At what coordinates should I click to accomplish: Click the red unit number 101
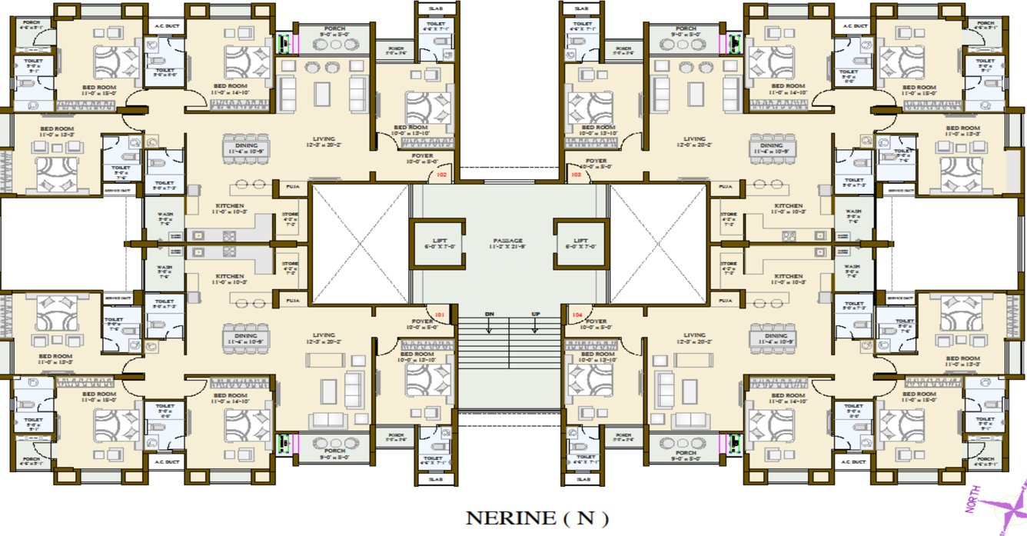[440, 315]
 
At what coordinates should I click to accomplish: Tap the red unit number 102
[441, 175]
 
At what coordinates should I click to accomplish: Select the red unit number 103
[576, 175]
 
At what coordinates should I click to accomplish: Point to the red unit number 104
[577, 315]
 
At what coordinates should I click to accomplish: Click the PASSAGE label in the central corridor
[509, 242]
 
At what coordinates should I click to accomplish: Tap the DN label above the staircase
[489, 315]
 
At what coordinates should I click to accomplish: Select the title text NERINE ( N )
[537, 518]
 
